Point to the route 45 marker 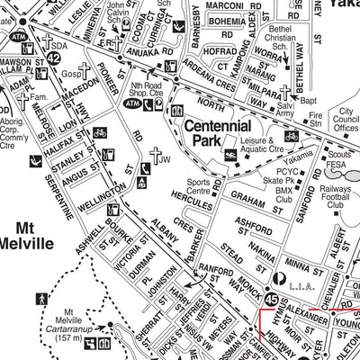click(x=272, y=297)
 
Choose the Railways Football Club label click(x=337, y=197)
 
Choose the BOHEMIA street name click(x=229, y=21)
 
